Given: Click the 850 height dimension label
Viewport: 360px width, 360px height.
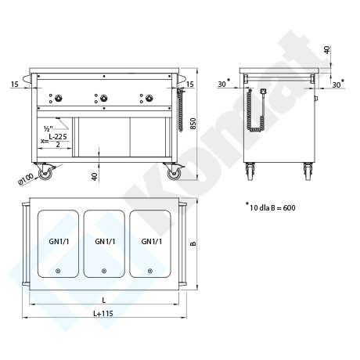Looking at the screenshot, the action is pyautogui.click(x=193, y=124).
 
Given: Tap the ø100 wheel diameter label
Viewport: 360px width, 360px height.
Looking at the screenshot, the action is pyautogui.click(x=26, y=179).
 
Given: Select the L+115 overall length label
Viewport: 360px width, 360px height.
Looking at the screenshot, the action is pyautogui.click(x=103, y=313).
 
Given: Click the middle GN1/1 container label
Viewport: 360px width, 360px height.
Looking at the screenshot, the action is pyautogui.click(x=105, y=242).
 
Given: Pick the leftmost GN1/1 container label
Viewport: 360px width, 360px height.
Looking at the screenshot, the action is pyautogui.click(x=59, y=242).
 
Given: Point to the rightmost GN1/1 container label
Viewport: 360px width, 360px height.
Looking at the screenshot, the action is pyautogui.click(x=152, y=242).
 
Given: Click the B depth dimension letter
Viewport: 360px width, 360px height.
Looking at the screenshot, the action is pyautogui.click(x=193, y=243).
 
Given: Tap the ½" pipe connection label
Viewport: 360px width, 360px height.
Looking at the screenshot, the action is pyautogui.click(x=49, y=128).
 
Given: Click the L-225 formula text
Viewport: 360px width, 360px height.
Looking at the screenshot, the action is pyautogui.click(x=58, y=136).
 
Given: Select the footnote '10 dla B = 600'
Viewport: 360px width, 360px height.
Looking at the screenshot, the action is pyautogui.click(x=272, y=208).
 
